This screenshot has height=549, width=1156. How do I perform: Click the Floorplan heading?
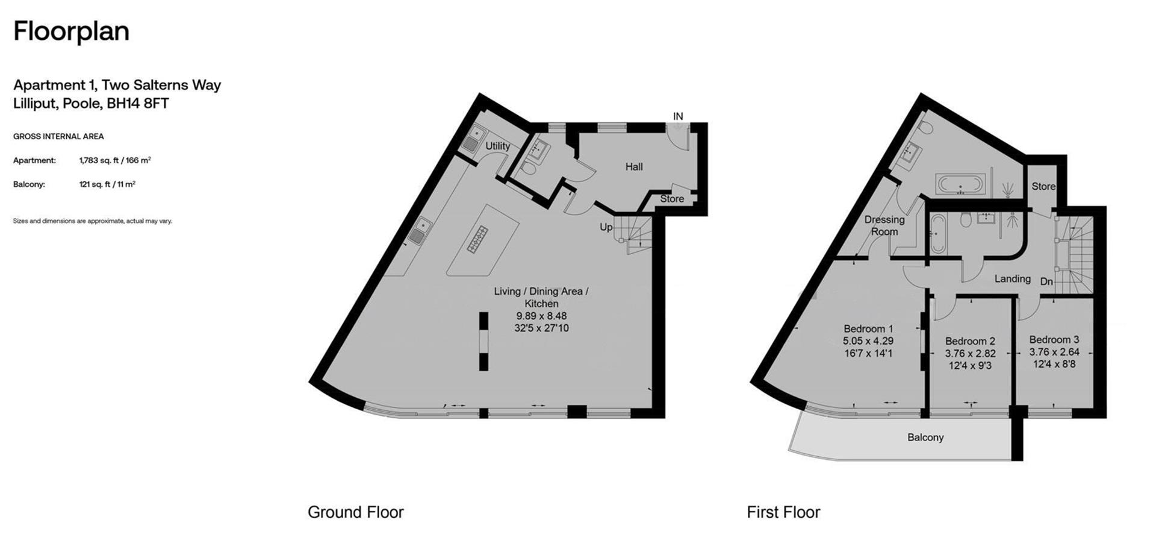click(x=71, y=31)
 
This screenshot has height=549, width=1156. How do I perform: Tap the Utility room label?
click(x=497, y=146)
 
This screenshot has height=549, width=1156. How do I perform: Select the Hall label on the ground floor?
click(x=634, y=167)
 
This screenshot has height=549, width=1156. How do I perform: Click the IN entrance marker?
click(x=678, y=116)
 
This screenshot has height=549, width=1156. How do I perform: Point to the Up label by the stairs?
click(x=606, y=227)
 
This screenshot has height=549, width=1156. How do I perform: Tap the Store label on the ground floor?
click(x=672, y=199)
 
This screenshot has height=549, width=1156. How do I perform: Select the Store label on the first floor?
click(x=1043, y=186)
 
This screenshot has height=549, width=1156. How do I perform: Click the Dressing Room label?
click(x=884, y=225)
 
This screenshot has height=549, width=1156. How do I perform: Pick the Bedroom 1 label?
click(x=868, y=329)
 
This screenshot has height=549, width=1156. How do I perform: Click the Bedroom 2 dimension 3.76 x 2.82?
click(x=970, y=354)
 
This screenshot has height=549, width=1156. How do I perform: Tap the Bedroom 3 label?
click(x=1054, y=339)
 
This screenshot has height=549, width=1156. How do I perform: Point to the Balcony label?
click(x=925, y=438)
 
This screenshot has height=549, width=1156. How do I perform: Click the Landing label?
click(x=1012, y=278)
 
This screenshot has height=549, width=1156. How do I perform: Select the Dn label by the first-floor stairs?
click(x=1046, y=281)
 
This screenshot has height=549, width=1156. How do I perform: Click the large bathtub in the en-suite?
click(x=960, y=184)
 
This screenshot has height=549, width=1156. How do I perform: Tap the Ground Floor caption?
click(x=356, y=512)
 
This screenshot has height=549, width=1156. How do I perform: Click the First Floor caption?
click(x=783, y=512)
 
